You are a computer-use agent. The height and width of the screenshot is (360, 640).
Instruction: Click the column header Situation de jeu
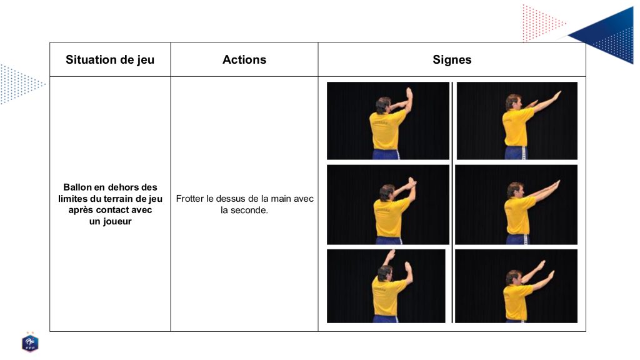[x=110, y=59]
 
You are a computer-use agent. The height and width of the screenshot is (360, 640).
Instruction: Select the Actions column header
[x=244, y=59]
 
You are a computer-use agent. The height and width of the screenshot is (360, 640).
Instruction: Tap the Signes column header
[x=452, y=60]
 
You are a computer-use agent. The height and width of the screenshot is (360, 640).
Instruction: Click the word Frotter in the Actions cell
[x=190, y=199]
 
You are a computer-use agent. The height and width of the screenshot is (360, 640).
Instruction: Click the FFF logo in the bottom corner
[x=30, y=342]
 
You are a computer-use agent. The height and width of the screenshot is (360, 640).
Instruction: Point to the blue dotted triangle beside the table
[x=21, y=84]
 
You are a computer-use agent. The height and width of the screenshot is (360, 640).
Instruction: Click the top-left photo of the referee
[x=387, y=121]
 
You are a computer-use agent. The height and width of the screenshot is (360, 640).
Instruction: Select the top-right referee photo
[x=517, y=121]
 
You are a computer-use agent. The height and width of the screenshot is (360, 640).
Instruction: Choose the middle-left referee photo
[x=387, y=205]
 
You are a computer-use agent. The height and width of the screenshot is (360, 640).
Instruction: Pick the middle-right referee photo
[x=516, y=205]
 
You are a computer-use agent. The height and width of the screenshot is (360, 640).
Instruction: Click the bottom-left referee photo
[x=386, y=286]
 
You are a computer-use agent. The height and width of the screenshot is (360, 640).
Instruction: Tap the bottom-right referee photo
[x=516, y=286]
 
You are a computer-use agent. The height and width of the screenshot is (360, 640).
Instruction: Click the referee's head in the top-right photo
[x=514, y=102]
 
